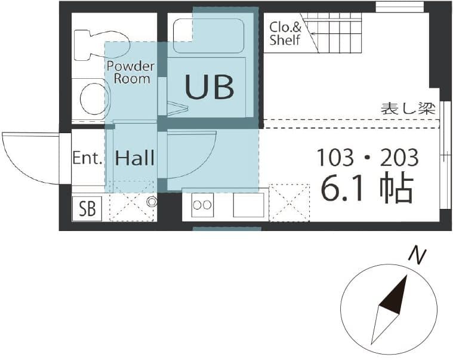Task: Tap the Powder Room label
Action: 131,72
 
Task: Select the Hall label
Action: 135,158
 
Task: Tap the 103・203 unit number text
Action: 367,158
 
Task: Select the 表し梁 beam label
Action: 408,109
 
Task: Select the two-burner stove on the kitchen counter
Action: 202,205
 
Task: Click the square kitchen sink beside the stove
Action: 249,205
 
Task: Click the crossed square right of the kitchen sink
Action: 289,202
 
